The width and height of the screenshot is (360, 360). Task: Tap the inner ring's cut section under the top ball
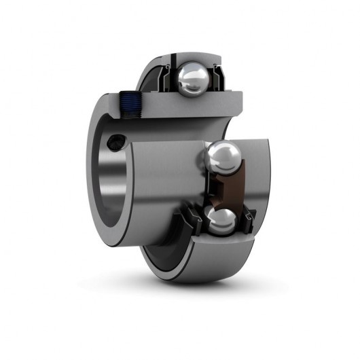coord(183,102)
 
